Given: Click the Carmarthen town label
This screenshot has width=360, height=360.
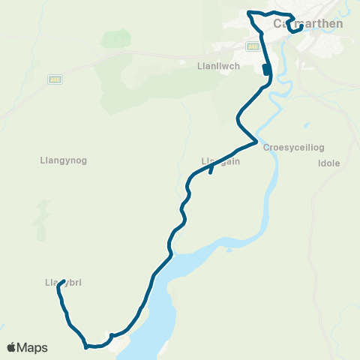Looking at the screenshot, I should click(308, 23).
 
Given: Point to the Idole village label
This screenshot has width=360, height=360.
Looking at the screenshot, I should click(329, 163).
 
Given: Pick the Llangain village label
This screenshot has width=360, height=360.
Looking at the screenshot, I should click(220, 161).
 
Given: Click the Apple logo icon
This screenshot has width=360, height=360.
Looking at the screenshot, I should click(12, 347).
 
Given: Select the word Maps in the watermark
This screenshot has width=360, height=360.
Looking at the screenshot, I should click(34, 347).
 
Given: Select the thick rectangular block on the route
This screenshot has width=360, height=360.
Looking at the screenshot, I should click(265, 70).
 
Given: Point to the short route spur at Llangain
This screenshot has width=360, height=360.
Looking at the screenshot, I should click(211, 172).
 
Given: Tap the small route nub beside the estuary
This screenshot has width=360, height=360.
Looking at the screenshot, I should click(111, 334).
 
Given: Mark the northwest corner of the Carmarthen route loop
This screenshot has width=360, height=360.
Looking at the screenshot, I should click(249, 13).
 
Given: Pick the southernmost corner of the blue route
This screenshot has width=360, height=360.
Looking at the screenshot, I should click(87, 346).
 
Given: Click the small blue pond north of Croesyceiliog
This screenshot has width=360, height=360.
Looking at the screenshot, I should click(307, 124).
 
